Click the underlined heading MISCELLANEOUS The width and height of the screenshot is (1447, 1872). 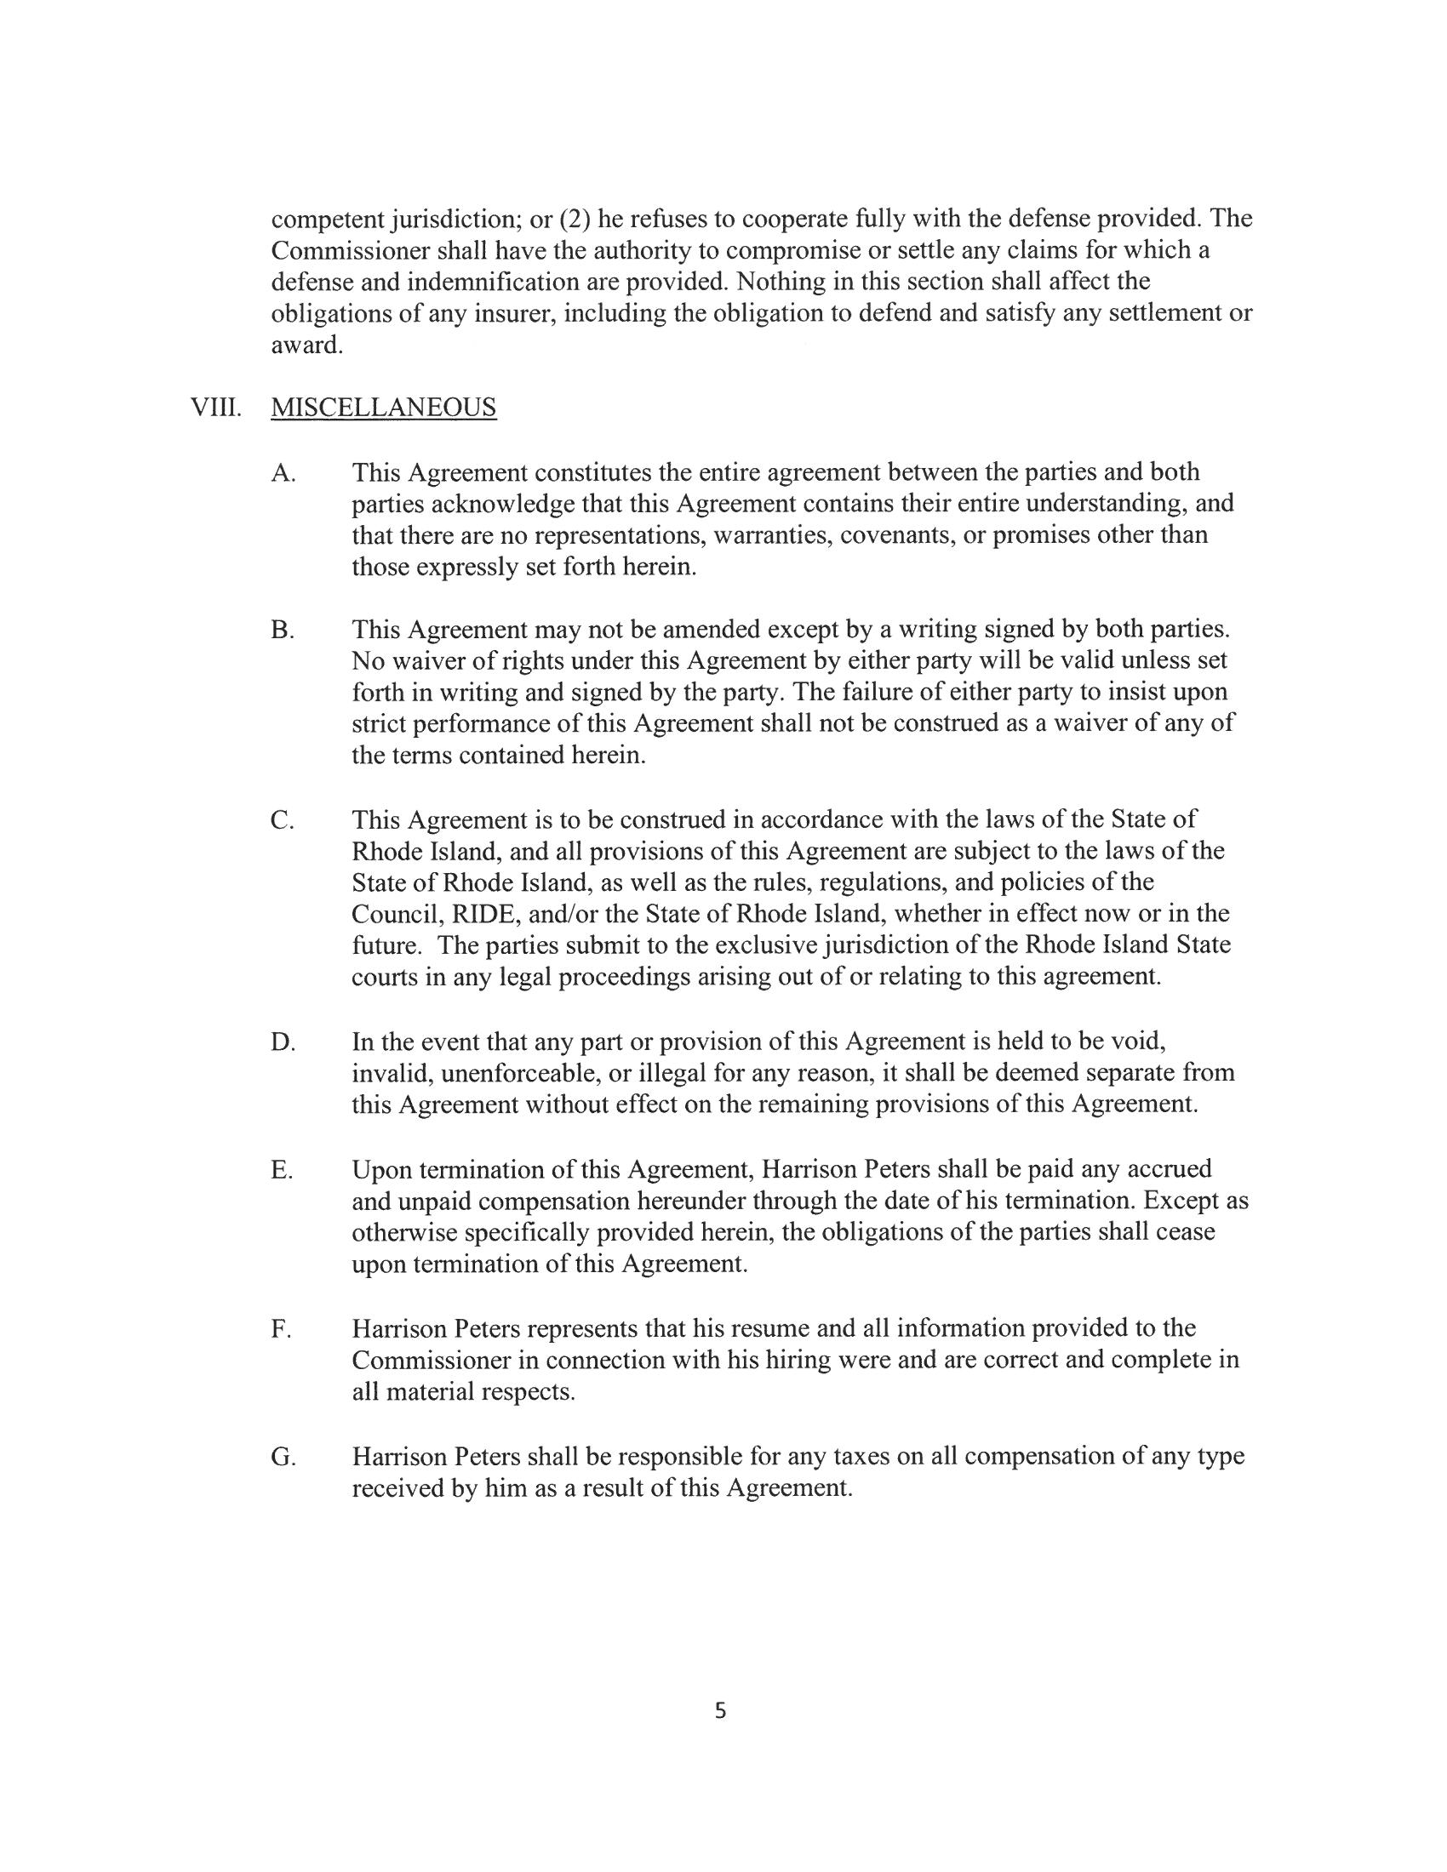point(383,407)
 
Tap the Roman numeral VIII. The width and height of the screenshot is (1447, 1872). point(215,407)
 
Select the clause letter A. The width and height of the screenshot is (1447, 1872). point(283,472)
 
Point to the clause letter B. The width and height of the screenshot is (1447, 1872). point(282,630)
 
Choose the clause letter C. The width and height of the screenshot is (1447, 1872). point(282,820)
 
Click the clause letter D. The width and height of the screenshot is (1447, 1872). point(282,1042)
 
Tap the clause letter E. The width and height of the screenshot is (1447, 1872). point(281,1170)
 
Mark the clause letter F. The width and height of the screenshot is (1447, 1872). point(280,1328)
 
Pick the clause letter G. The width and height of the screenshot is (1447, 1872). point(282,1456)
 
